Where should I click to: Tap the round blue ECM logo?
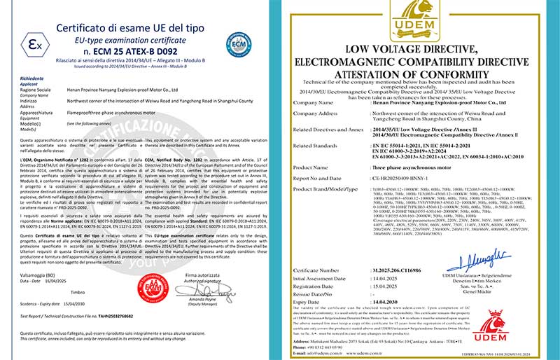[238, 44]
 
